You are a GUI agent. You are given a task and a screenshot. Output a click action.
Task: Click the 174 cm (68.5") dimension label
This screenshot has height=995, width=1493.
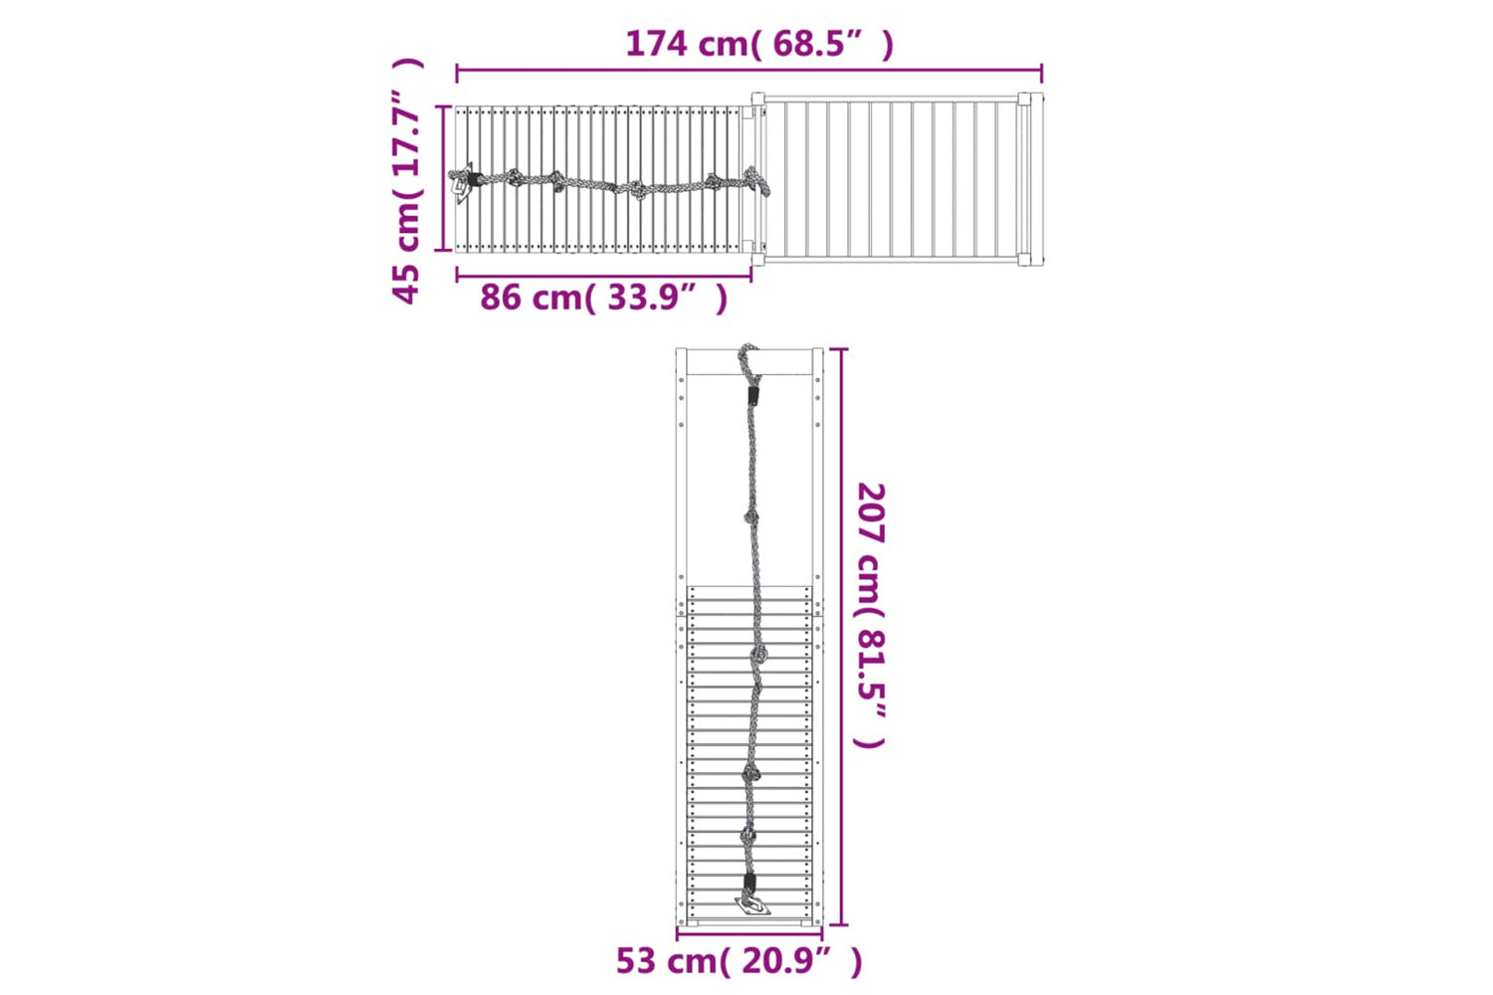(759, 45)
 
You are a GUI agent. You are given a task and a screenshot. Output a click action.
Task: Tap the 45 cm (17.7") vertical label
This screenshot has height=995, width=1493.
(406, 181)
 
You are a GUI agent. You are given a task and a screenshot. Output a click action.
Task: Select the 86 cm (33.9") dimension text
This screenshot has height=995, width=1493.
(604, 298)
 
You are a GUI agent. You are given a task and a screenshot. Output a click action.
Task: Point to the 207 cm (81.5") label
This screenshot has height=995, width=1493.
(871, 615)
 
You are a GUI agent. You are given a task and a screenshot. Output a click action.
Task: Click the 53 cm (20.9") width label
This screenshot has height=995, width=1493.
(740, 961)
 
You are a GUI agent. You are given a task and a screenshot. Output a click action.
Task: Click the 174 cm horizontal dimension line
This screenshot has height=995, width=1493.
(749, 70)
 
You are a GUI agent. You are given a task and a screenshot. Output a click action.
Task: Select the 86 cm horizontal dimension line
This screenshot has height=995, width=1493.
(604, 276)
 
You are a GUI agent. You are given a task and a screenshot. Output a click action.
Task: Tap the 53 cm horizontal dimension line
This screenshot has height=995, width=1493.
(749, 935)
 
